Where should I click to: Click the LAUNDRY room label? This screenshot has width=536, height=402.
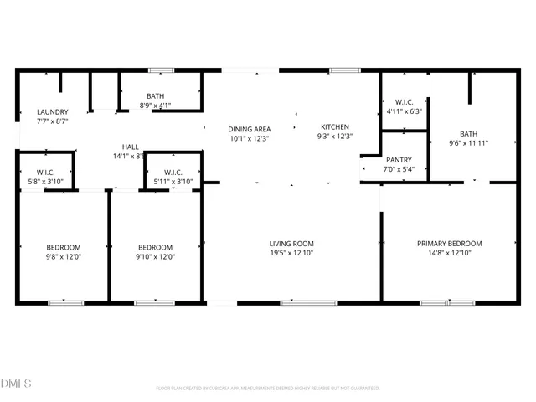click(x=52, y=112)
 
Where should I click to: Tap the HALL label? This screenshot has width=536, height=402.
click(x=130, y=146)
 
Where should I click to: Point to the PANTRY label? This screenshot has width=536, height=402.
click(x=398, y=159)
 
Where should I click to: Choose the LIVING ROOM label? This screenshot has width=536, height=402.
click(x=291, y=244)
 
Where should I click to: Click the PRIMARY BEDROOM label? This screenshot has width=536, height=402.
click(x=449, y=244)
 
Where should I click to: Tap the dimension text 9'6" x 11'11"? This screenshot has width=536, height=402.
click(x=468, y=143)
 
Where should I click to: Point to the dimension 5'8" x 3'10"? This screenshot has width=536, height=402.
click(x=45, y=182)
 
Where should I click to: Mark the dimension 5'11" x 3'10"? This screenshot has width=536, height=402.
click(x=174, y=182)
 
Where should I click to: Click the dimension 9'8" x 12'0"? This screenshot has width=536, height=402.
click(x=64, y=256)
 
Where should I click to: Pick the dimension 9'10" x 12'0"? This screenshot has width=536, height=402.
click(x=155, y=256)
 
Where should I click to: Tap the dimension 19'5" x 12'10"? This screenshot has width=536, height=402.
click(x=291, y=253)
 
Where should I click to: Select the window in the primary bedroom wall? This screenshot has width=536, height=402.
click(x=447, y=302)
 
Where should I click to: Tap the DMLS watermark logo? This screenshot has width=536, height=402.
click(x=16, y=384)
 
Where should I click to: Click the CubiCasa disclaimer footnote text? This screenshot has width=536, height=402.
click(x=268, y=388)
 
